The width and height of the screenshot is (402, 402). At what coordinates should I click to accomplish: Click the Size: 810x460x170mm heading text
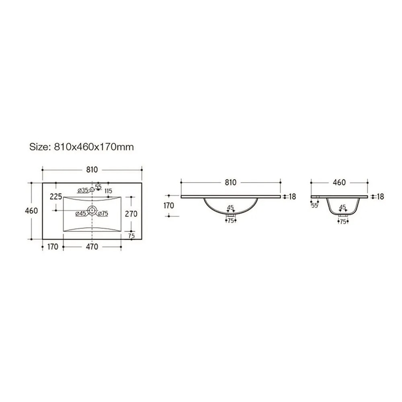tap(82, 147)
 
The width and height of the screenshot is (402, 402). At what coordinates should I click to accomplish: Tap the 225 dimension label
tap(56, 197)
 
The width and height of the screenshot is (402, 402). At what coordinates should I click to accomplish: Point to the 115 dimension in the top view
tap(109, 191)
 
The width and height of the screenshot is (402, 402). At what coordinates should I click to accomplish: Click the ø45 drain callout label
tap(81, 213)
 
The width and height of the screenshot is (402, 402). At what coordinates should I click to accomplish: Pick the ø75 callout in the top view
tap(103, 213)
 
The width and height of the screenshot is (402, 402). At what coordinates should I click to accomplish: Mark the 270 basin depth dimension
tap(131, 213)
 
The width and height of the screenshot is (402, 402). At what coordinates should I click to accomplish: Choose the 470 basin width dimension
tap(92, 247)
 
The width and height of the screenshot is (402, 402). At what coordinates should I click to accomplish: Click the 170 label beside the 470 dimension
tap(53, 247)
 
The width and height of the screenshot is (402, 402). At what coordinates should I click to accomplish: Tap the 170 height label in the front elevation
tap(168, 205)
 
